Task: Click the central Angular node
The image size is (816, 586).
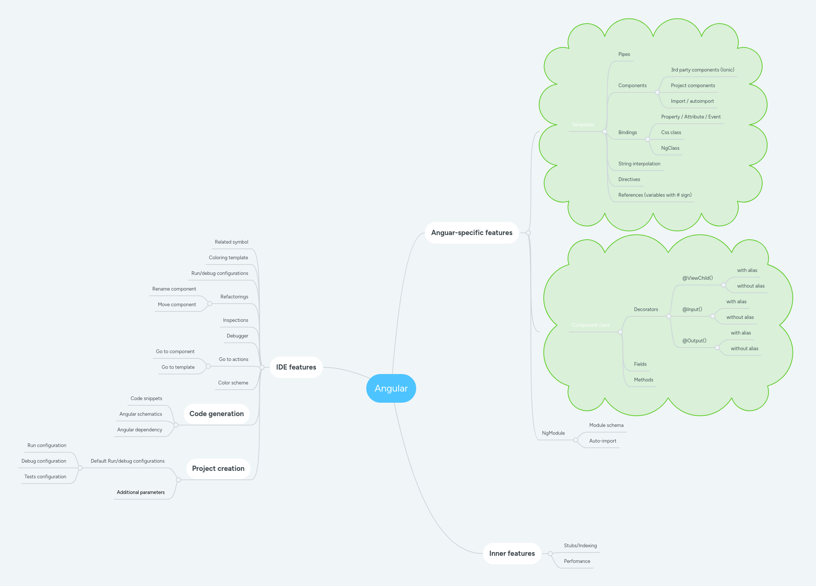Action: pos(391,388)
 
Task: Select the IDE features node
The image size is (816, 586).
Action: pos(296,367)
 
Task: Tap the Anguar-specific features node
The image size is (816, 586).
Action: pos(472,233)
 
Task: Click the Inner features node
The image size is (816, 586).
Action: pos(512,554)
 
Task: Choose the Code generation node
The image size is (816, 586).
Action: pos(216,414)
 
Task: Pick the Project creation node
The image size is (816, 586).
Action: pos(218,469)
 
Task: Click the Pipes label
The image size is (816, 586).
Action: pos(624,54)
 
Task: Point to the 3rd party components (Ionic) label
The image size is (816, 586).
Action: pos(702,70)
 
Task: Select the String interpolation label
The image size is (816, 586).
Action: pos(639,164)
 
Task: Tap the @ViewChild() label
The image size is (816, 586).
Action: pos(698,278)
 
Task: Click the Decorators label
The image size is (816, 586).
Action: pos(646,310)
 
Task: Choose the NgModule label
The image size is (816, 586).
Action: pos(553,433)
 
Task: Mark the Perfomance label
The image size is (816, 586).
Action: pos(577,561)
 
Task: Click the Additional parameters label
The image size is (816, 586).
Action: pos(140,492)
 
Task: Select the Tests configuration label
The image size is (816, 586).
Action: pos(45,477)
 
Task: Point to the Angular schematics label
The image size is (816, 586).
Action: pos(140,414)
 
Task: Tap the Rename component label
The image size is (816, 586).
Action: pos(174,289)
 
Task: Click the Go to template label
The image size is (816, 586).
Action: pos(178,367)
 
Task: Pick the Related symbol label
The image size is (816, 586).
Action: pos(231,242)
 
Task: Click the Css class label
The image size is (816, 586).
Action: pos(671,133)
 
